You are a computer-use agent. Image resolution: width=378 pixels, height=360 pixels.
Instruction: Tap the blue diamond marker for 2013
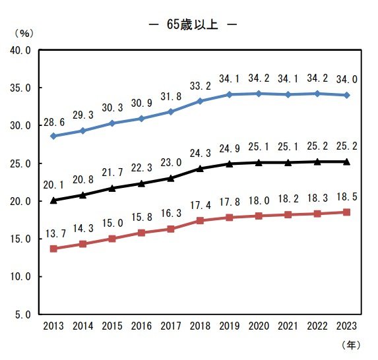click(53, 136)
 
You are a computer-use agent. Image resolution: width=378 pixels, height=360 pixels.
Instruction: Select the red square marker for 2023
click(346, 212)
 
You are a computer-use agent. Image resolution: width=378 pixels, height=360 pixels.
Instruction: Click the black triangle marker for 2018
click(200, 168)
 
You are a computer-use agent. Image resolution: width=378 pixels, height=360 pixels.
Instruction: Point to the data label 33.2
click(200, 86)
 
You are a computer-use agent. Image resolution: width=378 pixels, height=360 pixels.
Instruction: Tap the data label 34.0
click(346, 79)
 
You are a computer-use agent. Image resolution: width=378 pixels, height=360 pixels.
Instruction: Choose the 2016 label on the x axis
click(141, 326)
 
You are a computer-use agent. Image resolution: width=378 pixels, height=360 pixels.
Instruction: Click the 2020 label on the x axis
click(259, 326)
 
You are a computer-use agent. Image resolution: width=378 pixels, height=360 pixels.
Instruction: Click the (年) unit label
click(352, 344)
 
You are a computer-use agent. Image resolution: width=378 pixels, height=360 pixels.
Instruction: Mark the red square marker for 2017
click(170, 229)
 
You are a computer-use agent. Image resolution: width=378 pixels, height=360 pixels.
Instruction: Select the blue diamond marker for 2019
click(229, 94)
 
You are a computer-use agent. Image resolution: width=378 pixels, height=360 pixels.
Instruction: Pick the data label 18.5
click(346, 196)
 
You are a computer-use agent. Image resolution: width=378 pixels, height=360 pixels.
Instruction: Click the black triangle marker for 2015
click(111, 188)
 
